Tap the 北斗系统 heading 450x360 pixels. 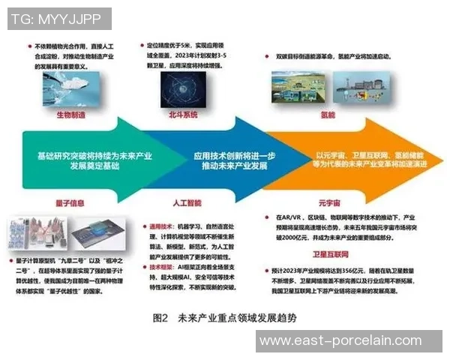click(183, 115)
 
